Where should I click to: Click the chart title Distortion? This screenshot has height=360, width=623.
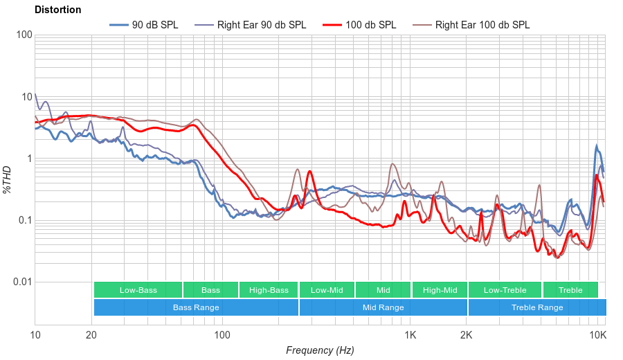pos(57,10)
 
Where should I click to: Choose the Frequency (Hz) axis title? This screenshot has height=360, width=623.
pos(320,350)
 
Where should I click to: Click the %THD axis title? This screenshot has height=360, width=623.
pos(8,179)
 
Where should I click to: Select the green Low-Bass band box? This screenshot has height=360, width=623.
pos(138,290)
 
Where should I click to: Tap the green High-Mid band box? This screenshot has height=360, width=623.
pos(440,290)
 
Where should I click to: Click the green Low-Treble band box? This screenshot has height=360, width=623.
pos(505,290)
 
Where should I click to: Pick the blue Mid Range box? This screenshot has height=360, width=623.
pos(383,307)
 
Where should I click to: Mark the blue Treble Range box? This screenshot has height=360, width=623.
pos(537,307)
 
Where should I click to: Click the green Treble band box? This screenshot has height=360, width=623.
pos(570,290)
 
